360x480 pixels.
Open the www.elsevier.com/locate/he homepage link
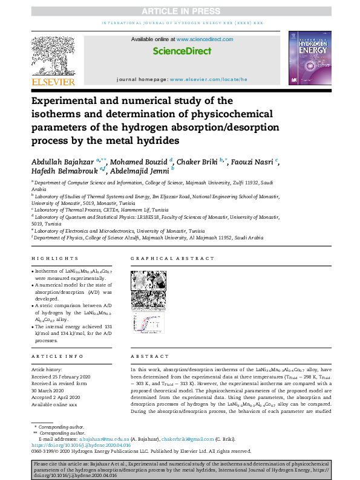coord(208,80)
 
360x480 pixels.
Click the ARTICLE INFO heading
coord(53,357)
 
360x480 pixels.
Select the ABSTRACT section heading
coord(146,357)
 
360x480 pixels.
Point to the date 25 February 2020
coord(68,376)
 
